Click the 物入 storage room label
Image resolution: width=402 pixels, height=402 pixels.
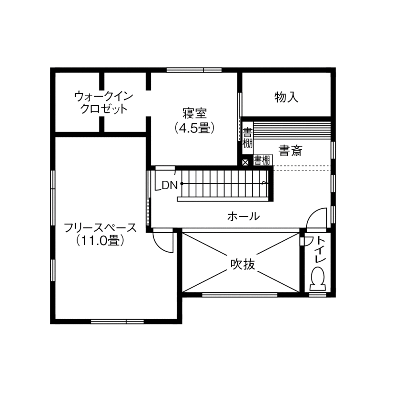click(x=286, y=98)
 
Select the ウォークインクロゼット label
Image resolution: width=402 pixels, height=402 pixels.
click(x=104, y=102)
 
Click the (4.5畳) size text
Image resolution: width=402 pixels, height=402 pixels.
click(x=194, y=128)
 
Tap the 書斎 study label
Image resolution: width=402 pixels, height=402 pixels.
click(x=290, y=152)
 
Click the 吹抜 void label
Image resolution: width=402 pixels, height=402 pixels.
click(x=243, y=264)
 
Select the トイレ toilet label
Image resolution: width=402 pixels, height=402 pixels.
click(x=320, y=250)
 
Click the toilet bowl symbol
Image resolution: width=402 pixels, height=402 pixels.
click(x=317, y=279)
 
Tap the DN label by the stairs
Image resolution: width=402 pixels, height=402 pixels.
click(x=169, y=185)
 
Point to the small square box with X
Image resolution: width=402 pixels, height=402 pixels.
click(x=246, y=162)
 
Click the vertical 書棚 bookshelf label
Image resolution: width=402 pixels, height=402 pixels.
click(x=247, y=136)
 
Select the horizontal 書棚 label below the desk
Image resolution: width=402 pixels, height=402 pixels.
click(x=262, y=160)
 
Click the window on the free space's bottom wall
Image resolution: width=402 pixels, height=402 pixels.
click(x=117, y=321)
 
